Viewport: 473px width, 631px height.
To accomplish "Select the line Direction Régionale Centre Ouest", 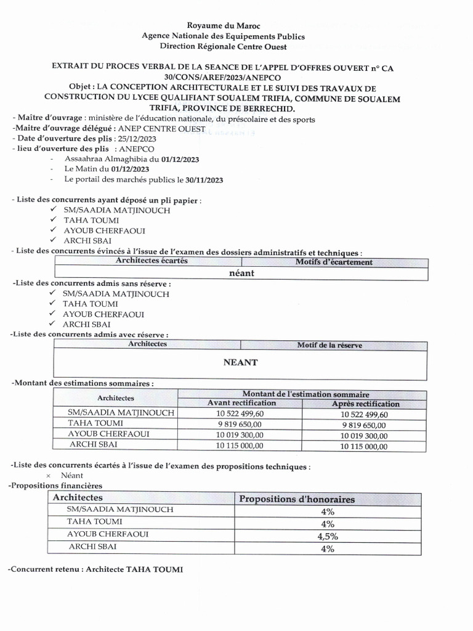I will tap(223, 46).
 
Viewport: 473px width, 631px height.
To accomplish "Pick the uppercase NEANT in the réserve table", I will tap(240, 363).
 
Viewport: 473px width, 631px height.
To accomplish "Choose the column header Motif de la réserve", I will tap(329, 345).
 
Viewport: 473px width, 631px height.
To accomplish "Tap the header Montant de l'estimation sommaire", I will tap(305, 394).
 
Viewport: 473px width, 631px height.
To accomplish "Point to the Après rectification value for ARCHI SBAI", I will tap(365, 447).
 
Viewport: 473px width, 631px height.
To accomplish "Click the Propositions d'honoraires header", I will tap(297, 499).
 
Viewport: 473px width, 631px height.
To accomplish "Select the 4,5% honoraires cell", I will tap(328, 536).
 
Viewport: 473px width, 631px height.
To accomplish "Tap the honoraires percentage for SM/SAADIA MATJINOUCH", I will tap(328, 511).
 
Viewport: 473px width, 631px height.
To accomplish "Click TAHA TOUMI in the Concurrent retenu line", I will tap(155, 569).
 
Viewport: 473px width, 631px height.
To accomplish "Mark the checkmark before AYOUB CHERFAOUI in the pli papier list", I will tap(54, 230).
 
